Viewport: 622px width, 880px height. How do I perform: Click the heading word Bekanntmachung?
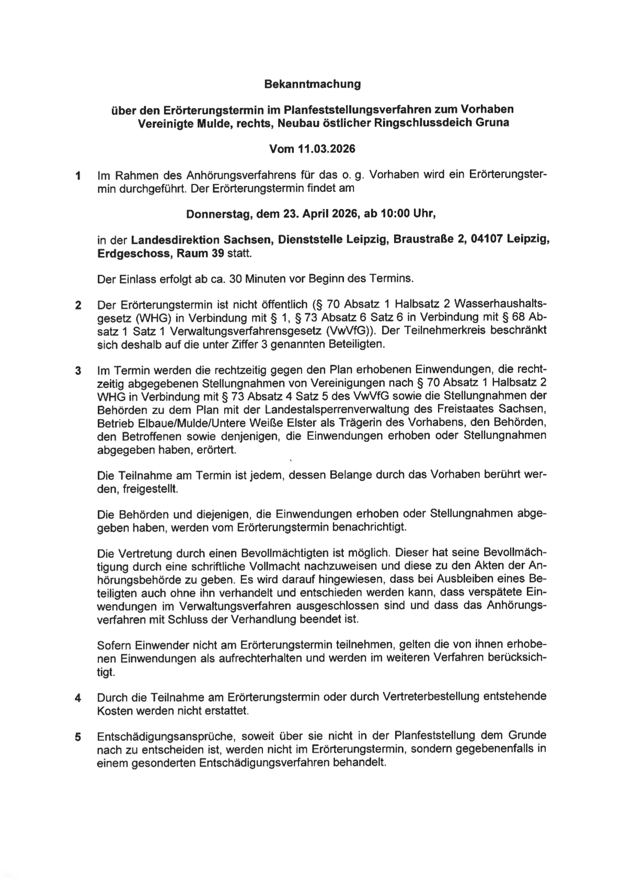312,84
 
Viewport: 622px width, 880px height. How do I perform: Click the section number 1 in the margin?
78,176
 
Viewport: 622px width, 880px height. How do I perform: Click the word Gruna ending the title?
492,123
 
